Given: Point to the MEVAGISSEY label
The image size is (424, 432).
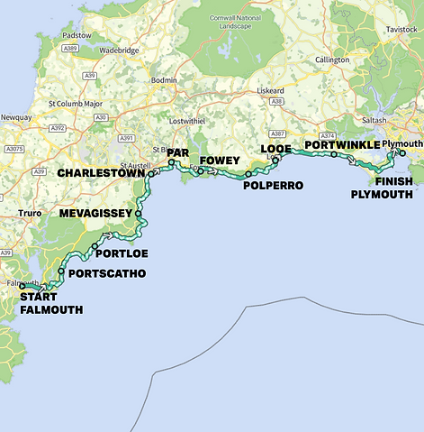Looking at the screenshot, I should (95, 214).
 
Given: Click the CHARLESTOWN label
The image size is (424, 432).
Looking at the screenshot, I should (102, 173).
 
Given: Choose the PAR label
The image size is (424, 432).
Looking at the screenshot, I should (177, 154).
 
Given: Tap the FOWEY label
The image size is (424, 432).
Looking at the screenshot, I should (221, 161).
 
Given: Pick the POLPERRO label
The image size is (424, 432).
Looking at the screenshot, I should (274, 185).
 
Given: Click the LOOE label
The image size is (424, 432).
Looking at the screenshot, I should (275, 149).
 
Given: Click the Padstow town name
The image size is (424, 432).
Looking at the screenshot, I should (77, 35).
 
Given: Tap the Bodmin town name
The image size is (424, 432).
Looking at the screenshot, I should (166, 80).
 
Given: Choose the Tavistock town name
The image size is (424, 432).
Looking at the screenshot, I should (402, 30).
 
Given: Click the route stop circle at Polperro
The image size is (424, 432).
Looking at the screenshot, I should (248, 173).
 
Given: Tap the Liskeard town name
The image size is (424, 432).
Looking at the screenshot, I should (271, 91).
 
